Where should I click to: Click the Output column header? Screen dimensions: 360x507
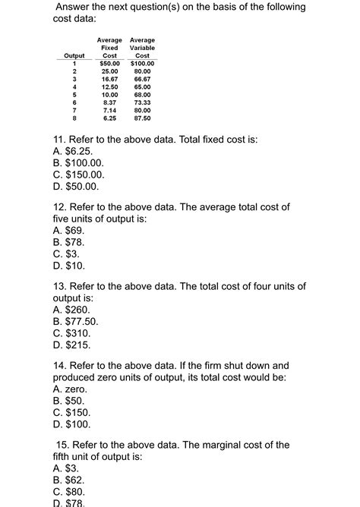click(74, 55)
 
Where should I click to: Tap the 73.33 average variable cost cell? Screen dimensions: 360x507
click(142, 102)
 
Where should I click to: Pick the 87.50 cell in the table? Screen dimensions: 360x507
click(142, 118)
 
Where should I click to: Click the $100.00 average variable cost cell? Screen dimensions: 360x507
click(142, 63)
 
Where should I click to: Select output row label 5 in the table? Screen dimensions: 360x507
click(74, 94)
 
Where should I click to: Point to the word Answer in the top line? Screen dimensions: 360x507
click(76, 7)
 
